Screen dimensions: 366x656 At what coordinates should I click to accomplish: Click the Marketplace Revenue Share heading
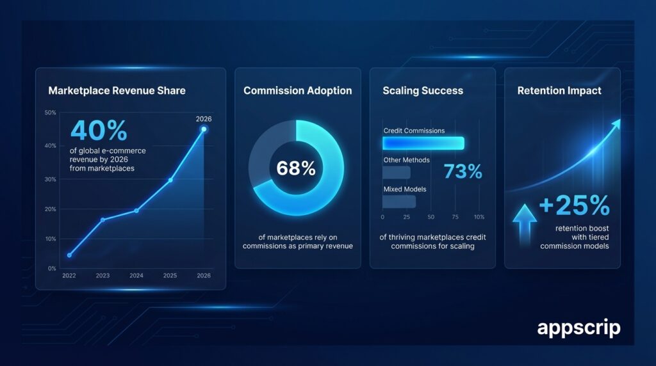pos(117,90)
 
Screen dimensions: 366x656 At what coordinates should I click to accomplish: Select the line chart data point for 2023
pos(102,219)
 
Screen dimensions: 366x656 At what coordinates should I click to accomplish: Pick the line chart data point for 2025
pos(170,180)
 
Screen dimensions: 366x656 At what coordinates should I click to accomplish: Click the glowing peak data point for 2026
pos(204,129)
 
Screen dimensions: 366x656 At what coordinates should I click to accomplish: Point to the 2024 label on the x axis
pos(136,276)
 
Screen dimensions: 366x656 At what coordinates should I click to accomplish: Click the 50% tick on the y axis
pos(51,113)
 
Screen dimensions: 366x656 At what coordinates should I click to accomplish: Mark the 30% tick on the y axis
pos(51,179)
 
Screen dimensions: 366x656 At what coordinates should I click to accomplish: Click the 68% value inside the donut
pos(295,168)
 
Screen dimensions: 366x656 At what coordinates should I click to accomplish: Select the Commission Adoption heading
pos(297,90)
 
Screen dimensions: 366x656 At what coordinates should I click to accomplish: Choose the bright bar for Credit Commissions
pos(423,143)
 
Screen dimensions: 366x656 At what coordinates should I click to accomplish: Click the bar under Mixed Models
pos(399,202)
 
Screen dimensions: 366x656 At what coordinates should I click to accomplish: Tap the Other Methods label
pos(406,159)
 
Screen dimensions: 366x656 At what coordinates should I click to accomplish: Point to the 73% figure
pos(463,171)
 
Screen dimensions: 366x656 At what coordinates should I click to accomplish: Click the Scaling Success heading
pos(422,90)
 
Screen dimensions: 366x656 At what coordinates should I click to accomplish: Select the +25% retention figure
pos(574,205)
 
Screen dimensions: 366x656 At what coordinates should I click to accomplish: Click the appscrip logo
pos(578,328)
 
